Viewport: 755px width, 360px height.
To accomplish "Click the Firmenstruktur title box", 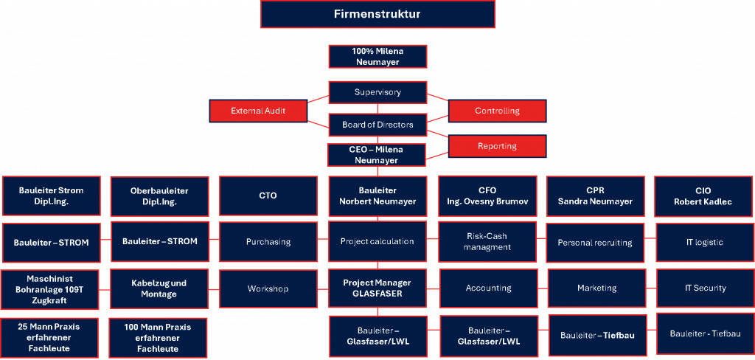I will [x=377, y=15].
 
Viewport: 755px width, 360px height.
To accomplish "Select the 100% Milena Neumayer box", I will [x=377, y=58].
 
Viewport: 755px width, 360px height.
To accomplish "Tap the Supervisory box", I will [x=377, y=92].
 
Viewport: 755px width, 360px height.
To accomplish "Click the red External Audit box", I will [x=258, y=111].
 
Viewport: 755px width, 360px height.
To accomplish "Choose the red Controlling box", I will [x=497, y=111].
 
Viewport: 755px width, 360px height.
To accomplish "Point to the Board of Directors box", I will [x=377, y=125].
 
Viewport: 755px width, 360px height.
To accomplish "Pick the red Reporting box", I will [x=497, y=146].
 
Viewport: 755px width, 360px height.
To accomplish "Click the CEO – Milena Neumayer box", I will [x=377, y=155].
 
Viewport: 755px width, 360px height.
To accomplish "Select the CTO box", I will [x=268, y=195].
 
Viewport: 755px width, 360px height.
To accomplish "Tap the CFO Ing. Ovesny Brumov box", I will [x=487, y=195].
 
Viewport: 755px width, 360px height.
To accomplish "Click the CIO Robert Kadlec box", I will [x=703, y=195].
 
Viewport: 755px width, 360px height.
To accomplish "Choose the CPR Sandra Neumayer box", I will [x=595, y=195].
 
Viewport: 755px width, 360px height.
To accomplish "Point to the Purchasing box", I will [x=268, y=241].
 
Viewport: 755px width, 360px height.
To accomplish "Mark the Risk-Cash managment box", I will [x=487, y=241].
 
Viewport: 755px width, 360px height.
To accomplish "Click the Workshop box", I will [x=268, y=288].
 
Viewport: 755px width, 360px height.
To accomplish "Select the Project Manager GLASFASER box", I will [x=377, y=288].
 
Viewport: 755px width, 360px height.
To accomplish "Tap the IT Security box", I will [x=703, y=288].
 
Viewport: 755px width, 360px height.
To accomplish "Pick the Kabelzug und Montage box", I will [x=159, y=288].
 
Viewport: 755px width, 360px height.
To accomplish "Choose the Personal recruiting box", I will [x=595, y=241].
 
